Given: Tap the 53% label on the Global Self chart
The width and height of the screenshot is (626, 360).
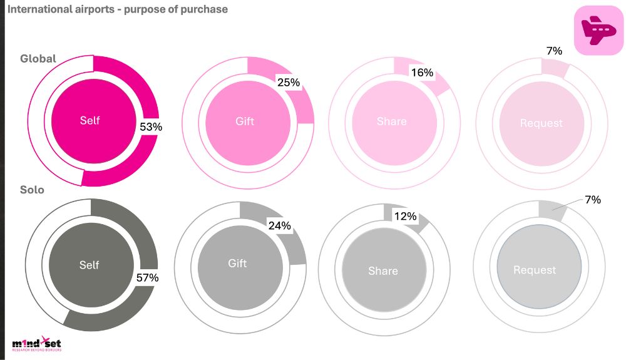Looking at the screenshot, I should pyautogui.click(x=151, y=126).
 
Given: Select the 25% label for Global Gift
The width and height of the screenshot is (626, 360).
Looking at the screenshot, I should pyautogui.click(x=289, y=82).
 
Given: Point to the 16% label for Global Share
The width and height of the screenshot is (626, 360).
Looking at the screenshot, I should pyautogui.click(x=422, y=73).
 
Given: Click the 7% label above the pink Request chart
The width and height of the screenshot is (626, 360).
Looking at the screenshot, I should pyautogui.click(x=554, y=51).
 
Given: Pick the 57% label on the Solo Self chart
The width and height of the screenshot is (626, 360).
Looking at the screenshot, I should pyautogui.click(x=147, y=277).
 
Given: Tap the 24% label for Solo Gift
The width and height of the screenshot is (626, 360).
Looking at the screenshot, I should pyautogui.click(x=279, y=225).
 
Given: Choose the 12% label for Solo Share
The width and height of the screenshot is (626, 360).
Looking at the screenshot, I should pyautogui.click(x=405, y=216).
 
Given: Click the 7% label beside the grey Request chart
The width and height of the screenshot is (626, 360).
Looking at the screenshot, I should pyautogui.click(x=592, y=200).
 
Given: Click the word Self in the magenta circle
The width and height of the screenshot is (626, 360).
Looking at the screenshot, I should pyautogui.click(x=90, y=120).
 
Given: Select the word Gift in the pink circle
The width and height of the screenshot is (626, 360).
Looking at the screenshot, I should pyautogui.click(x=245, y=121).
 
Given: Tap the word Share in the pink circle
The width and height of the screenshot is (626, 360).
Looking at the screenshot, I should pyautogui.click(x=391, y=121).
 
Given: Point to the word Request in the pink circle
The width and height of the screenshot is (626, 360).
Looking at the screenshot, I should pyautogui.click(x=541, y=123).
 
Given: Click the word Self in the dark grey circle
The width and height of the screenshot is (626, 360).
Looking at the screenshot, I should pyautogui.click(x=90, y=265).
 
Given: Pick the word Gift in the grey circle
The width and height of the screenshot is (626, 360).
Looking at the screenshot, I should pyautogui.click(x=237, y=264).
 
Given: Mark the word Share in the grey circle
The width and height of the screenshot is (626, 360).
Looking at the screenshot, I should pyautogui.click(x=382, y=271).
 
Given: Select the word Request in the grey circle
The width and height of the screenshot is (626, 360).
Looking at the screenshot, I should pyautogui.click(x=535, y=270).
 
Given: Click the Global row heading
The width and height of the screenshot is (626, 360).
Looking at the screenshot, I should pyautogui.click(x=38, y=58).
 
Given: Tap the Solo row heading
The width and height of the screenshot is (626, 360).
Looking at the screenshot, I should pyautogui.click(x=33, y=189).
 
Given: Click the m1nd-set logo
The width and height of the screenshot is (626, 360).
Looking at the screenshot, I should pyautogui.click(x=37, y=343).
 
